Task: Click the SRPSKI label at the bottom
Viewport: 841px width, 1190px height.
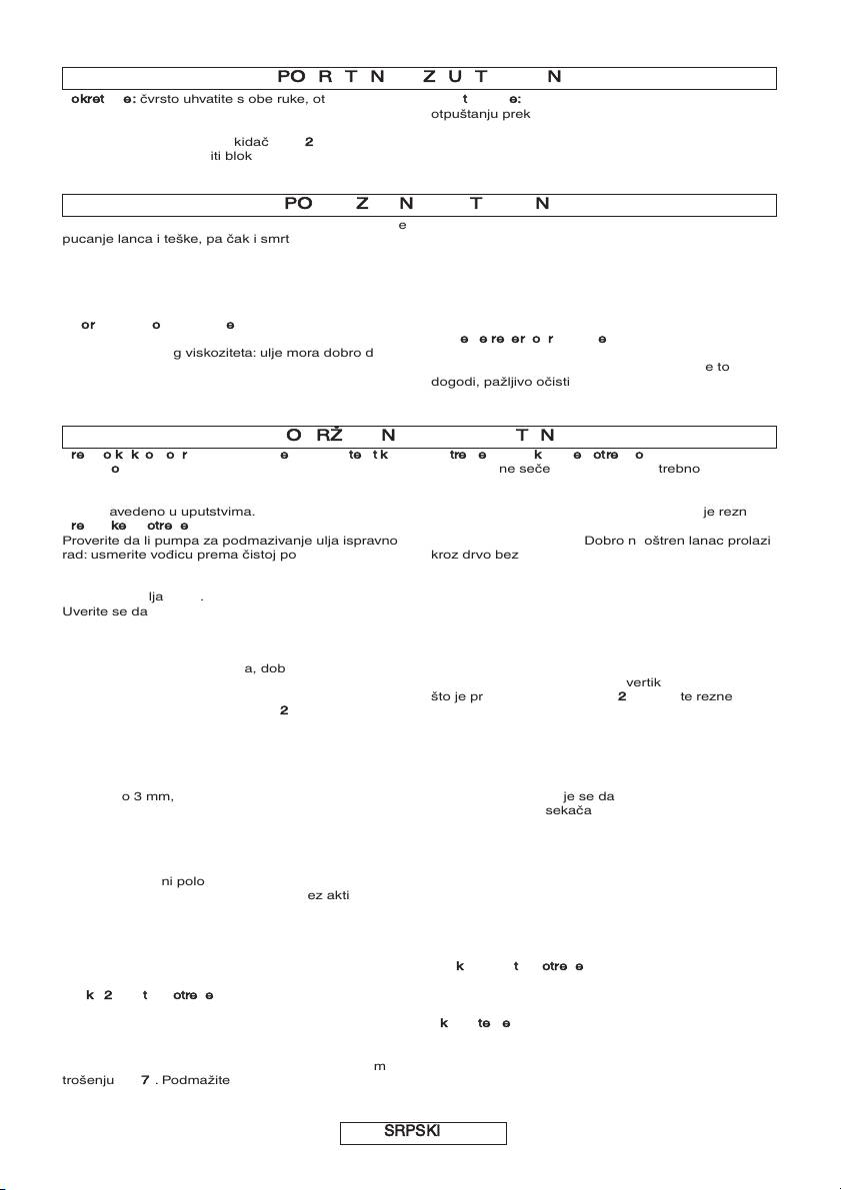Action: point(423,1132)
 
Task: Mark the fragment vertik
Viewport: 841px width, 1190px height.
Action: point(643,681)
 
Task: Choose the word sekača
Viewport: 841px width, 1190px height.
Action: point(568,810)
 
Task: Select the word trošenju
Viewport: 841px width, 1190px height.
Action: point(84,1080)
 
